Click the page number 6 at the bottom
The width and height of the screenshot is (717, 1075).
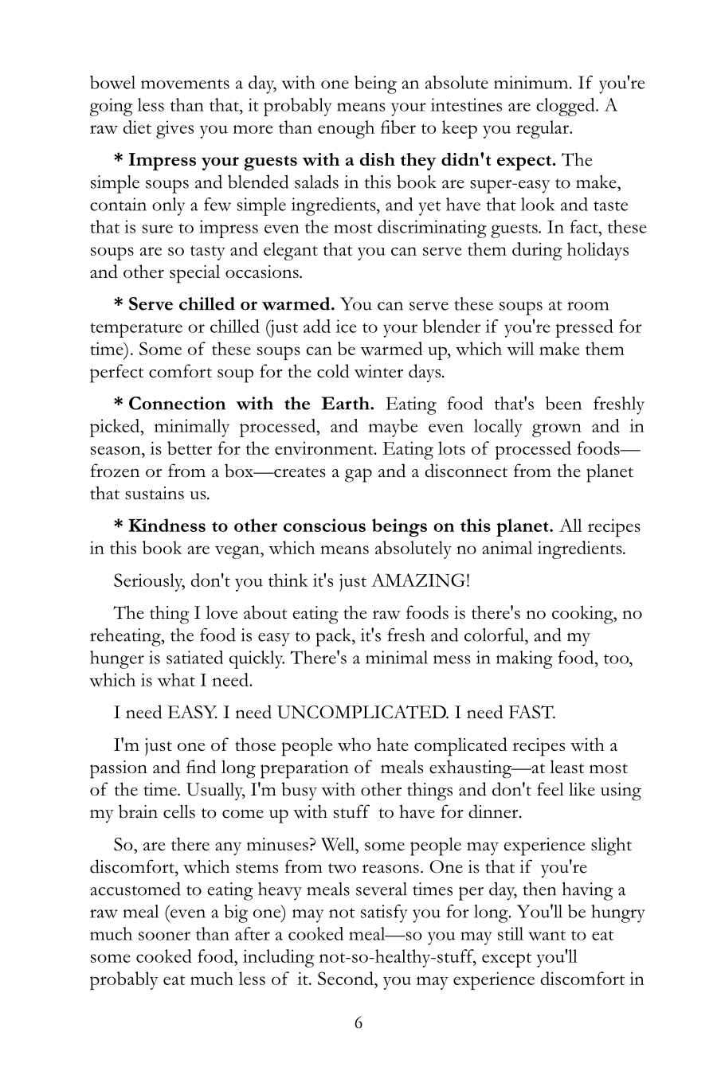point(358,1022)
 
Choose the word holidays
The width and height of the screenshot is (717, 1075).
point(597,250)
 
